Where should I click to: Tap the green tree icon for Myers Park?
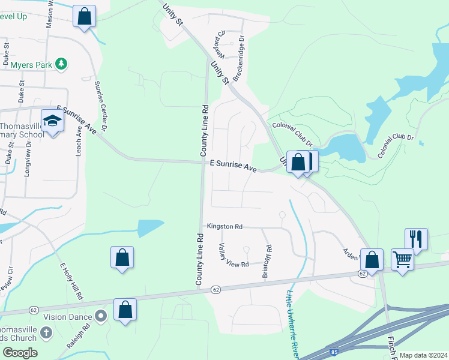click(60, 63)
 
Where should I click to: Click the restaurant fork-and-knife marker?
click(416, 239)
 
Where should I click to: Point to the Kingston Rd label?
click(224, 227)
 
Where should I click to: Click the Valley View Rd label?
click(234, 257)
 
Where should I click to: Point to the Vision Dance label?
click(67, 316)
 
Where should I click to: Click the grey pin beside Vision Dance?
click(101, 316)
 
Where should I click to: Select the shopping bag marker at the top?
click(85, 16)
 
